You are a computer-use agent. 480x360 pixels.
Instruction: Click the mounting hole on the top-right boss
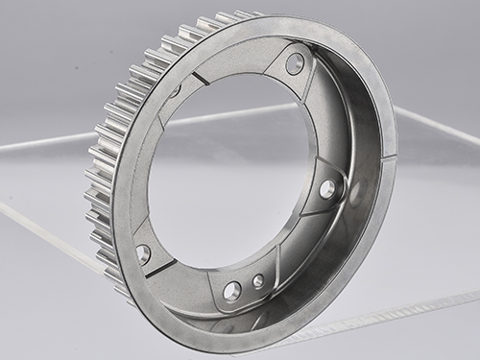pyautogui.click(x=295, y=64)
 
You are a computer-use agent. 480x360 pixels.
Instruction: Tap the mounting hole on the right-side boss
pyautogui.click(x=327, y=188)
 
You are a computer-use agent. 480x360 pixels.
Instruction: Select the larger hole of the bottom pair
pyautogui.click(x=232, y=289)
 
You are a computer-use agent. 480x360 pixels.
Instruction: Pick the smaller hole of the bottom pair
pyautogui.click(x=258, y=281)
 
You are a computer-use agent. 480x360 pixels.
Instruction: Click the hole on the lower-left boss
pyautogui.click(x=143, y=253)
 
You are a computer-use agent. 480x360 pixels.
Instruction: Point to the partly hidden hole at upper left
pyautogui.click(x=176, y=90)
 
